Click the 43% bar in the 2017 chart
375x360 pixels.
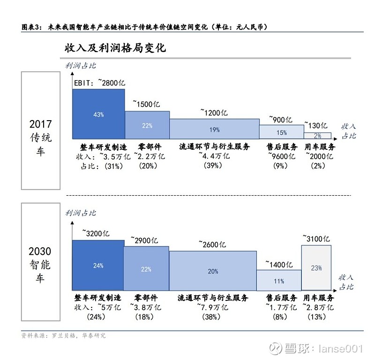pyautogui.click(x=98, y=114)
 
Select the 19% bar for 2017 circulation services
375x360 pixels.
pyautogui.click(x=215, y=129)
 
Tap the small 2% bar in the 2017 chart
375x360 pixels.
pyautogui.click(x=318, y=136)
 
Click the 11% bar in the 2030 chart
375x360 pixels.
pyautogui.click(x=279, y=281)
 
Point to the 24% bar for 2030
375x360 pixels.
pyautogui.click(x=98, y=266)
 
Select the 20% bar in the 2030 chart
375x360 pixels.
pyautogui.click(x=213, y=271)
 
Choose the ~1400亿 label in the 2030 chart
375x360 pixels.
pyautogui.click(x=279, y=264)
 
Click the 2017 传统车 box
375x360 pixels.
pyautogui.click(x=41, y=131)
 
